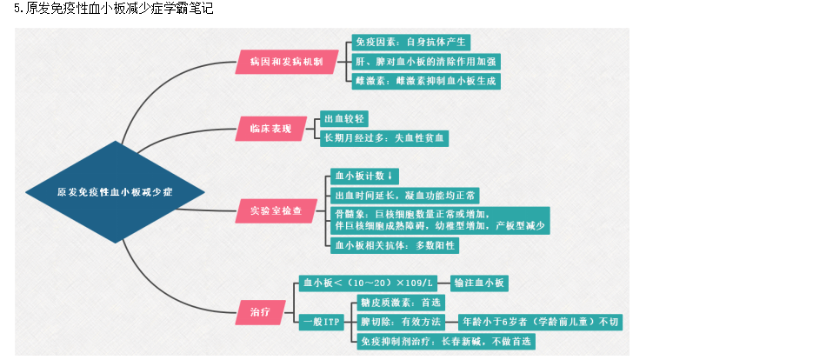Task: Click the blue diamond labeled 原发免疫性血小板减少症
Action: [115, 191]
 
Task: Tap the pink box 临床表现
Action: [270, 129]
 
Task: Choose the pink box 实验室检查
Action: [276, 210]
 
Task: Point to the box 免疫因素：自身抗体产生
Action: [411, 42]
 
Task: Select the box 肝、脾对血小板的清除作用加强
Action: [426, 62]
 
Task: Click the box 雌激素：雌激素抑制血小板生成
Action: [426, 81]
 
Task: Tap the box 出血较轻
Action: [345, 118]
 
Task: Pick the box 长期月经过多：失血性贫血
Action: [384, 137]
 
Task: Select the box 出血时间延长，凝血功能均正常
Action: [404, 195]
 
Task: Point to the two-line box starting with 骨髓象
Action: [440, 220]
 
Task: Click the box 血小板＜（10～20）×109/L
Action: [366, 283]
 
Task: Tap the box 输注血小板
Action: [480, 283]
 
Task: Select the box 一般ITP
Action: [322, 322]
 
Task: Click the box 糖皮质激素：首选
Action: [400, 303]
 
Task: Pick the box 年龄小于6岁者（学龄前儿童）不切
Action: [540, 322]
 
